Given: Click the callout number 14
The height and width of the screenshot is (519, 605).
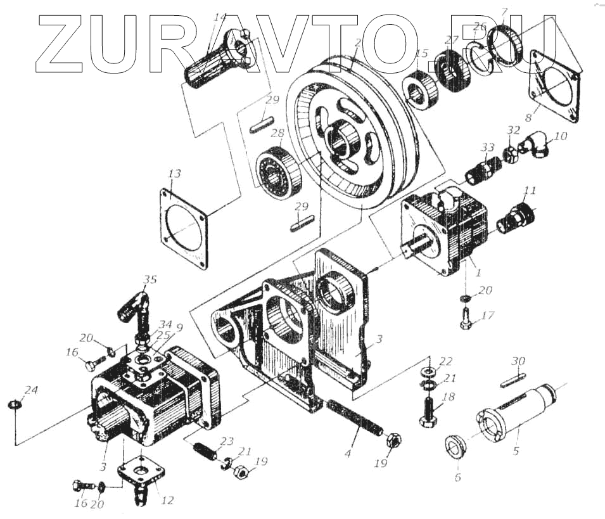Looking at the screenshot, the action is pyautogui.click(x=220, y=18).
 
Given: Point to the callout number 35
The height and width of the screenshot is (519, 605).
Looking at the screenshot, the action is pyautogui.click(x=150, y=279).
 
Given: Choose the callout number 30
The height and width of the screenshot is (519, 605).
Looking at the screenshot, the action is pyautogui.click(x=519, y=361).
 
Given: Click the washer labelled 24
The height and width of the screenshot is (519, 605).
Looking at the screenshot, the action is pyautogui.click(x=13, y=404).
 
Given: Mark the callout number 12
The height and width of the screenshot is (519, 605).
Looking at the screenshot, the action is pyautogui.click(x=167, y=501).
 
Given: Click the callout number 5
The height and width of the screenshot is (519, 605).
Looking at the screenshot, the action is pyautogui.click(x=516, y=451).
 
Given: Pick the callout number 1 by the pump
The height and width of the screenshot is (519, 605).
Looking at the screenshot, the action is pyautogui.click(x=478, y=273).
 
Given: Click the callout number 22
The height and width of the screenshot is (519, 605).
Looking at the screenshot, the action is pyautogui.click(x=446, y=361).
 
